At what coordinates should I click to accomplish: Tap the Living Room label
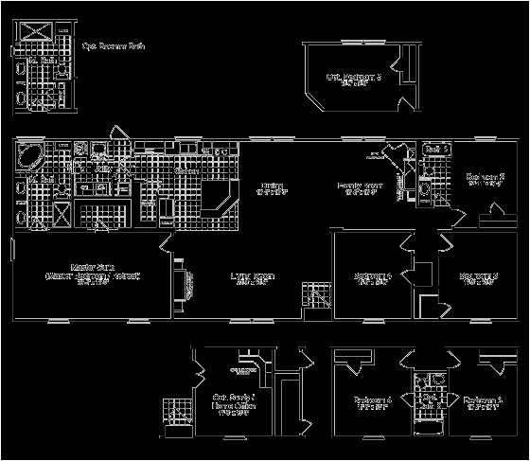[x=253, y=276]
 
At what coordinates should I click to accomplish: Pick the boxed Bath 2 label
[x=435, y=150]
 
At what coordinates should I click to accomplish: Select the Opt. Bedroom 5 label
[x=352, y=79]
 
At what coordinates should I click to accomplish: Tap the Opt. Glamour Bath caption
[x=115, y=45]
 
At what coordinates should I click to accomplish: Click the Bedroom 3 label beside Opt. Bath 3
[x=483, y=400]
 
